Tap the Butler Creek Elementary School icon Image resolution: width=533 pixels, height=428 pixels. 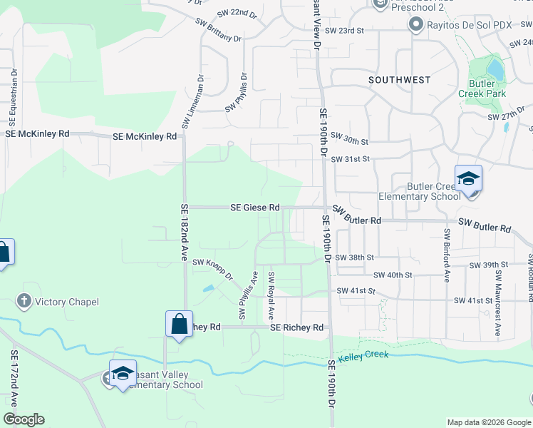(x=468, y=179)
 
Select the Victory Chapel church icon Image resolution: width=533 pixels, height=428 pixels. (x=24, y=302)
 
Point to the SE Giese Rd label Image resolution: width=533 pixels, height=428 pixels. (x=254, y=208)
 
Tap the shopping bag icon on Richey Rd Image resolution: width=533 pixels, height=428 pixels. (x=178, y=324)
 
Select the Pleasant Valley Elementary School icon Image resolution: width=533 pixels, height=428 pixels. (x=123, y=374)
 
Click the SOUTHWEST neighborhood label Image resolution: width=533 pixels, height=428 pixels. (x=400, y=81)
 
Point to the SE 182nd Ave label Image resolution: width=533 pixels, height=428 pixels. (x=184, y=232)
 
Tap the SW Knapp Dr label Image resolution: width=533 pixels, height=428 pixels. (x=213, y=270)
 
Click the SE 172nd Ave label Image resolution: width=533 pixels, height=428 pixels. (x=14, y=373)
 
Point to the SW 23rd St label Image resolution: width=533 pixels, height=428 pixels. (x=344, y=31)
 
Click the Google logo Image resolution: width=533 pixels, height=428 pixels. (x=24, y=419)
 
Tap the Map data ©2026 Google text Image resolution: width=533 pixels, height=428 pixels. (x=488, y=422)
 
